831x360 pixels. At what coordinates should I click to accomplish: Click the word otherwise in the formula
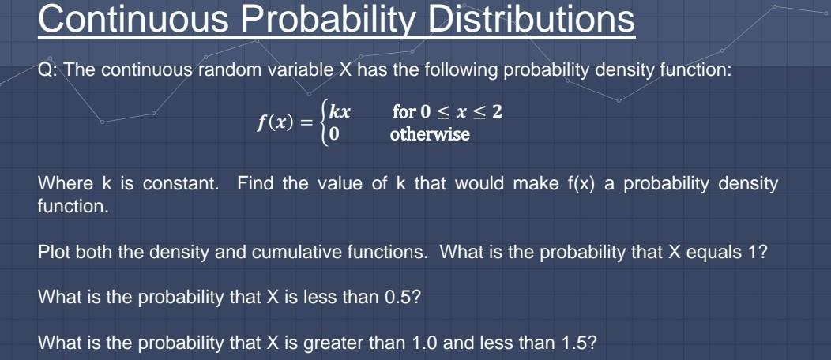point(430,134)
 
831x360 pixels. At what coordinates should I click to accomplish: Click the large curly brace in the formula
point(323,123)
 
